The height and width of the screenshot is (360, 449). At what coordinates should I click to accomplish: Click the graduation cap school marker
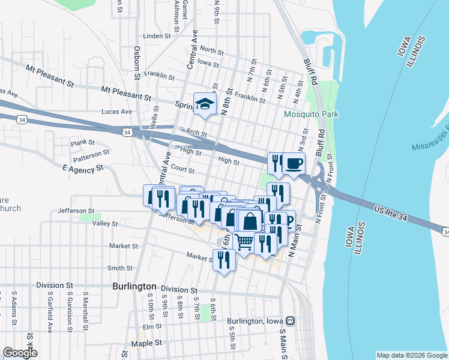click(x=205, y=104)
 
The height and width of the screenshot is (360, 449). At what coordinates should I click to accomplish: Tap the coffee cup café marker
click(x=294, y=163)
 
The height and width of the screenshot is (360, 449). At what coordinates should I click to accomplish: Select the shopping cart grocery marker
click(x=244, y=242)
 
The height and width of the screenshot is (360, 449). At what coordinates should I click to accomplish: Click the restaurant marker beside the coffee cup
click(x=276, y=162)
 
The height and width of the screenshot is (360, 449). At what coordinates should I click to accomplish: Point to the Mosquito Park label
click(x=311, y=114)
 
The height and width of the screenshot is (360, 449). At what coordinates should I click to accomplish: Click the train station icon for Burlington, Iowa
click(x=291, y=321)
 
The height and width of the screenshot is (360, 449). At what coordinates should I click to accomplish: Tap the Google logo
click(x=20, y=353)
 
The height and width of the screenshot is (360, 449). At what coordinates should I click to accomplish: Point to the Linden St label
click(x=157, y=36)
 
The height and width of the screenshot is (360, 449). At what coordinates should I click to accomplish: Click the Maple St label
click(x=146, y=343)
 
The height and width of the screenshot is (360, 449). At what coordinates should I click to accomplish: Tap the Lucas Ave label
click(x=116, y=112)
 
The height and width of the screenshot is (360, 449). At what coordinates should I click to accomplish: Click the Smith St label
click(x=120, y=268)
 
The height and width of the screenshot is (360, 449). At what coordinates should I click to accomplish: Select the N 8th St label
click(x=226, y=102)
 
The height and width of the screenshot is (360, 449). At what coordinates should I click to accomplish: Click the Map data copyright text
click(x=411, y=355)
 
